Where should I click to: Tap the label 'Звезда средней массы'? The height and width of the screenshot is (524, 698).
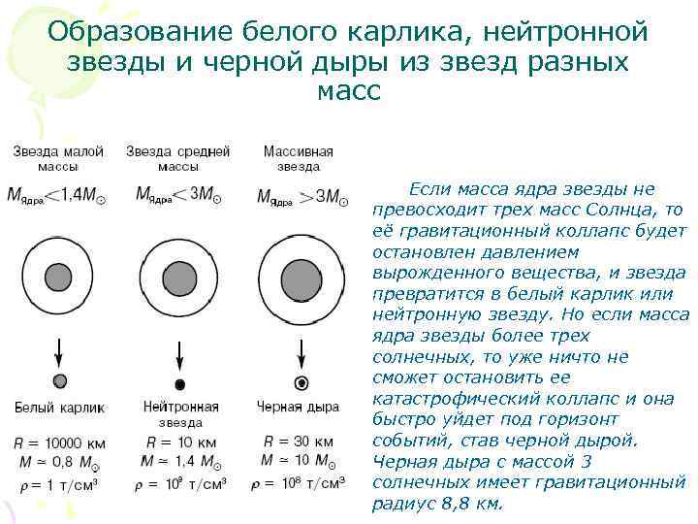tap(178, 159)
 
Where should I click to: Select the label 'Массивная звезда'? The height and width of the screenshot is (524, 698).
tap(298, 159)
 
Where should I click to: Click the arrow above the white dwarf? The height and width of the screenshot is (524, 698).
tap(59, 350)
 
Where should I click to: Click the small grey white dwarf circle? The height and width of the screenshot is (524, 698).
tap(59, 380)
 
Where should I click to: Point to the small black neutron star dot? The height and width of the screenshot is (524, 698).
tap(179, 382)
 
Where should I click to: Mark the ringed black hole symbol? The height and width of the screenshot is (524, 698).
tap(301, 382)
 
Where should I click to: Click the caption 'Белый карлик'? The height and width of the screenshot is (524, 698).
tap(59, 407)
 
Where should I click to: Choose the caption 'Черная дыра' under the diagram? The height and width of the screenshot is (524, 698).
tap(299, 407)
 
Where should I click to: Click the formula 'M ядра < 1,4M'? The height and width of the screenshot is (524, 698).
tap(58, 195)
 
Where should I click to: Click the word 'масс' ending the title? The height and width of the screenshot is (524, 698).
tap(349, 93)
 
